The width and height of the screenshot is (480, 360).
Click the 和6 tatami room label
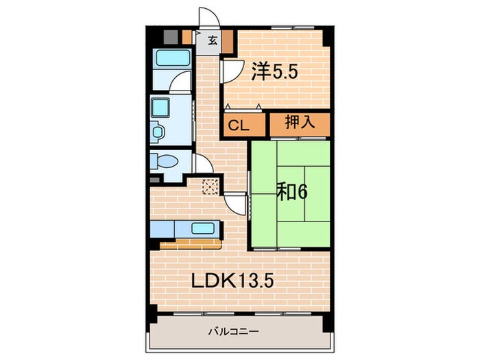point(291,191)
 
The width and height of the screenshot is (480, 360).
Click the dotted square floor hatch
point(211,186)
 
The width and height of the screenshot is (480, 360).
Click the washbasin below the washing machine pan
point(157,130)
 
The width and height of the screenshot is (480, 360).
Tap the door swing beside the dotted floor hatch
point(235,202)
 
